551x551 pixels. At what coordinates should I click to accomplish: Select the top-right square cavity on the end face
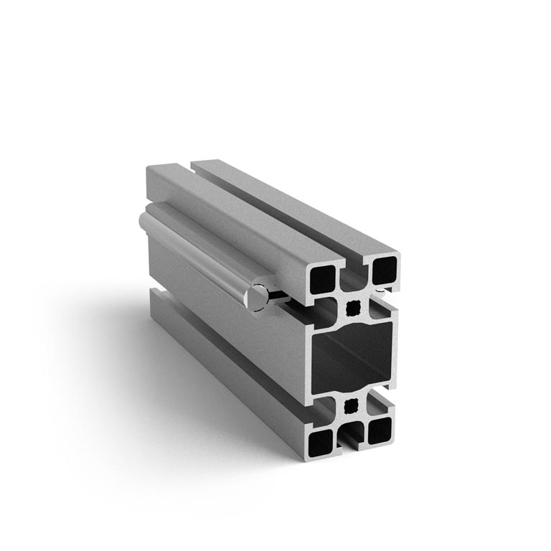(x=385, y=270)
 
